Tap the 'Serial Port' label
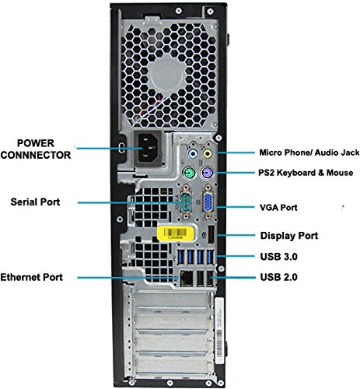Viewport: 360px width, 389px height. coord(36,202)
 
